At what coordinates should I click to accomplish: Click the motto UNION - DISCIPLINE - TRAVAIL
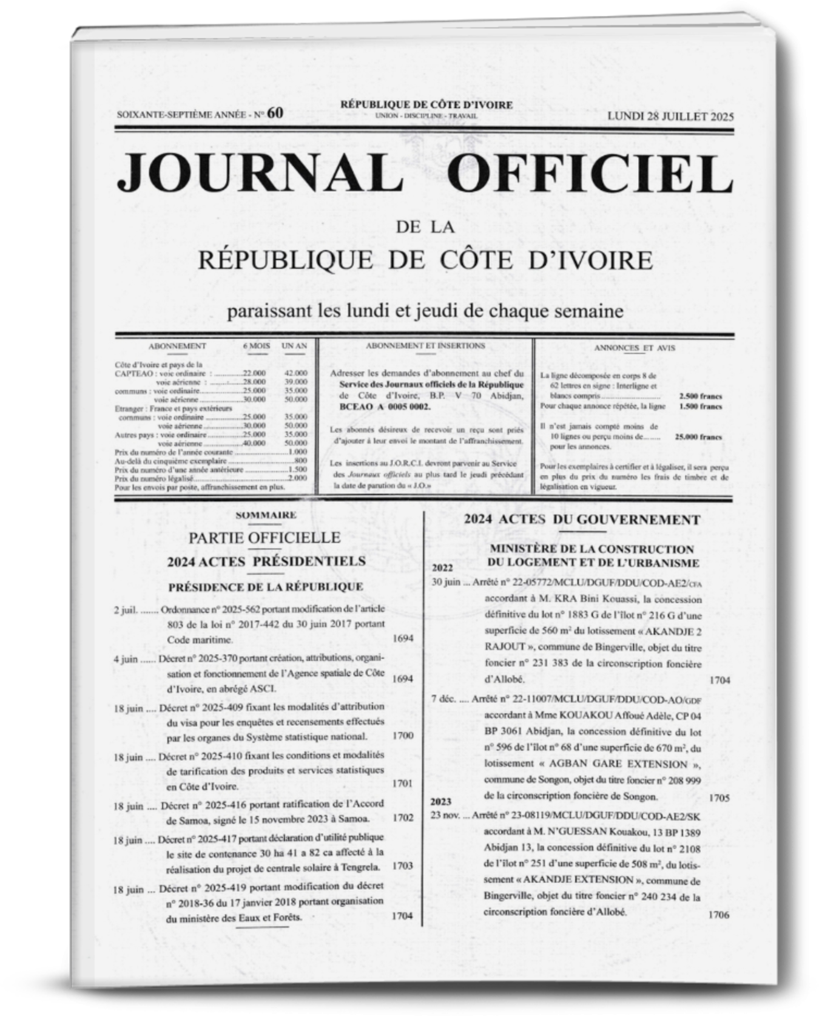tap(426, 115)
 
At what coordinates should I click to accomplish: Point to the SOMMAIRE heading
tap(266, 515)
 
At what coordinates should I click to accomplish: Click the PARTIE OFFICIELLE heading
tap(265, 537)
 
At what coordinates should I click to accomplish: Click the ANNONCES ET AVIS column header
tap(635, 348)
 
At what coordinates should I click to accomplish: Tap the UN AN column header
tap(294, 346)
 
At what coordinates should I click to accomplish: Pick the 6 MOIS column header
tap(257, 346)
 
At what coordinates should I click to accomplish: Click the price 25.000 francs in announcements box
tap(698, 436)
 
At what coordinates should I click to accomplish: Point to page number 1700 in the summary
tap(403, 736)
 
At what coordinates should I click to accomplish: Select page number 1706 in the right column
tap(718, 915)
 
